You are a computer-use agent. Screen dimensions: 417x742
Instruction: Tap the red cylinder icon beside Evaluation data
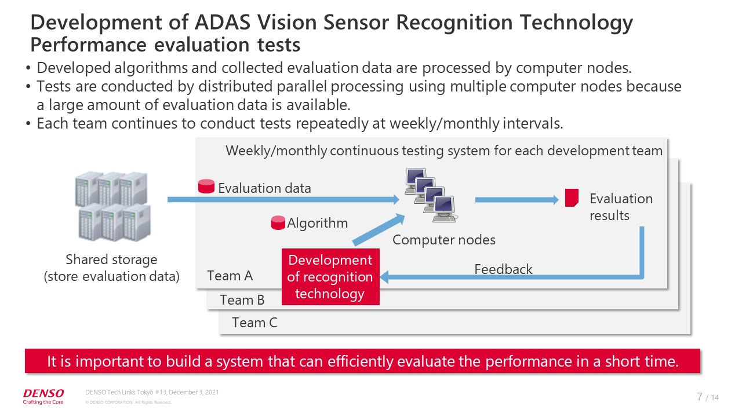click(x=206, y=186)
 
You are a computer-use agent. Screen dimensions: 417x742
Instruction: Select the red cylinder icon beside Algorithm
click(x=278, y=223)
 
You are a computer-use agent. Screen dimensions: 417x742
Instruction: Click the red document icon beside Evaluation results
click(x=572, y=197)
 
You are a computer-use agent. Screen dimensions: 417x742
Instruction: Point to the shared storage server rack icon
click(x=112, y=206)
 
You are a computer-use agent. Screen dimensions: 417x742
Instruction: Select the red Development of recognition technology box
click(x=330, y=277)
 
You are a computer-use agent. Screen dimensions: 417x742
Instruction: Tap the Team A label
click(x=230, y=276)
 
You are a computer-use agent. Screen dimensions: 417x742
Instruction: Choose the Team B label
click(x=242, y=300)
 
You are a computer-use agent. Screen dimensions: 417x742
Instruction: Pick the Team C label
click(x=254, y=323)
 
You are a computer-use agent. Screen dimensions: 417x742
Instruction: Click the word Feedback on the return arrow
click(x=503, y=269)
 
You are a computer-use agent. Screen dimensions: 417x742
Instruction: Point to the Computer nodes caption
click(x=444, y=240)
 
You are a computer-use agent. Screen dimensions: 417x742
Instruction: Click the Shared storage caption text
click(x=111, y=268)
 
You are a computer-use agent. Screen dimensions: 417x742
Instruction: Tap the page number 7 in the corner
click(x=700, y=397)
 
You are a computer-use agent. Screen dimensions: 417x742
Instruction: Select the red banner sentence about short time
click(x=362, y=362)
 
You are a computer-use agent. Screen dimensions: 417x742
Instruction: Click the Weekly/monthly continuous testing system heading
click(x=443, y=151)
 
